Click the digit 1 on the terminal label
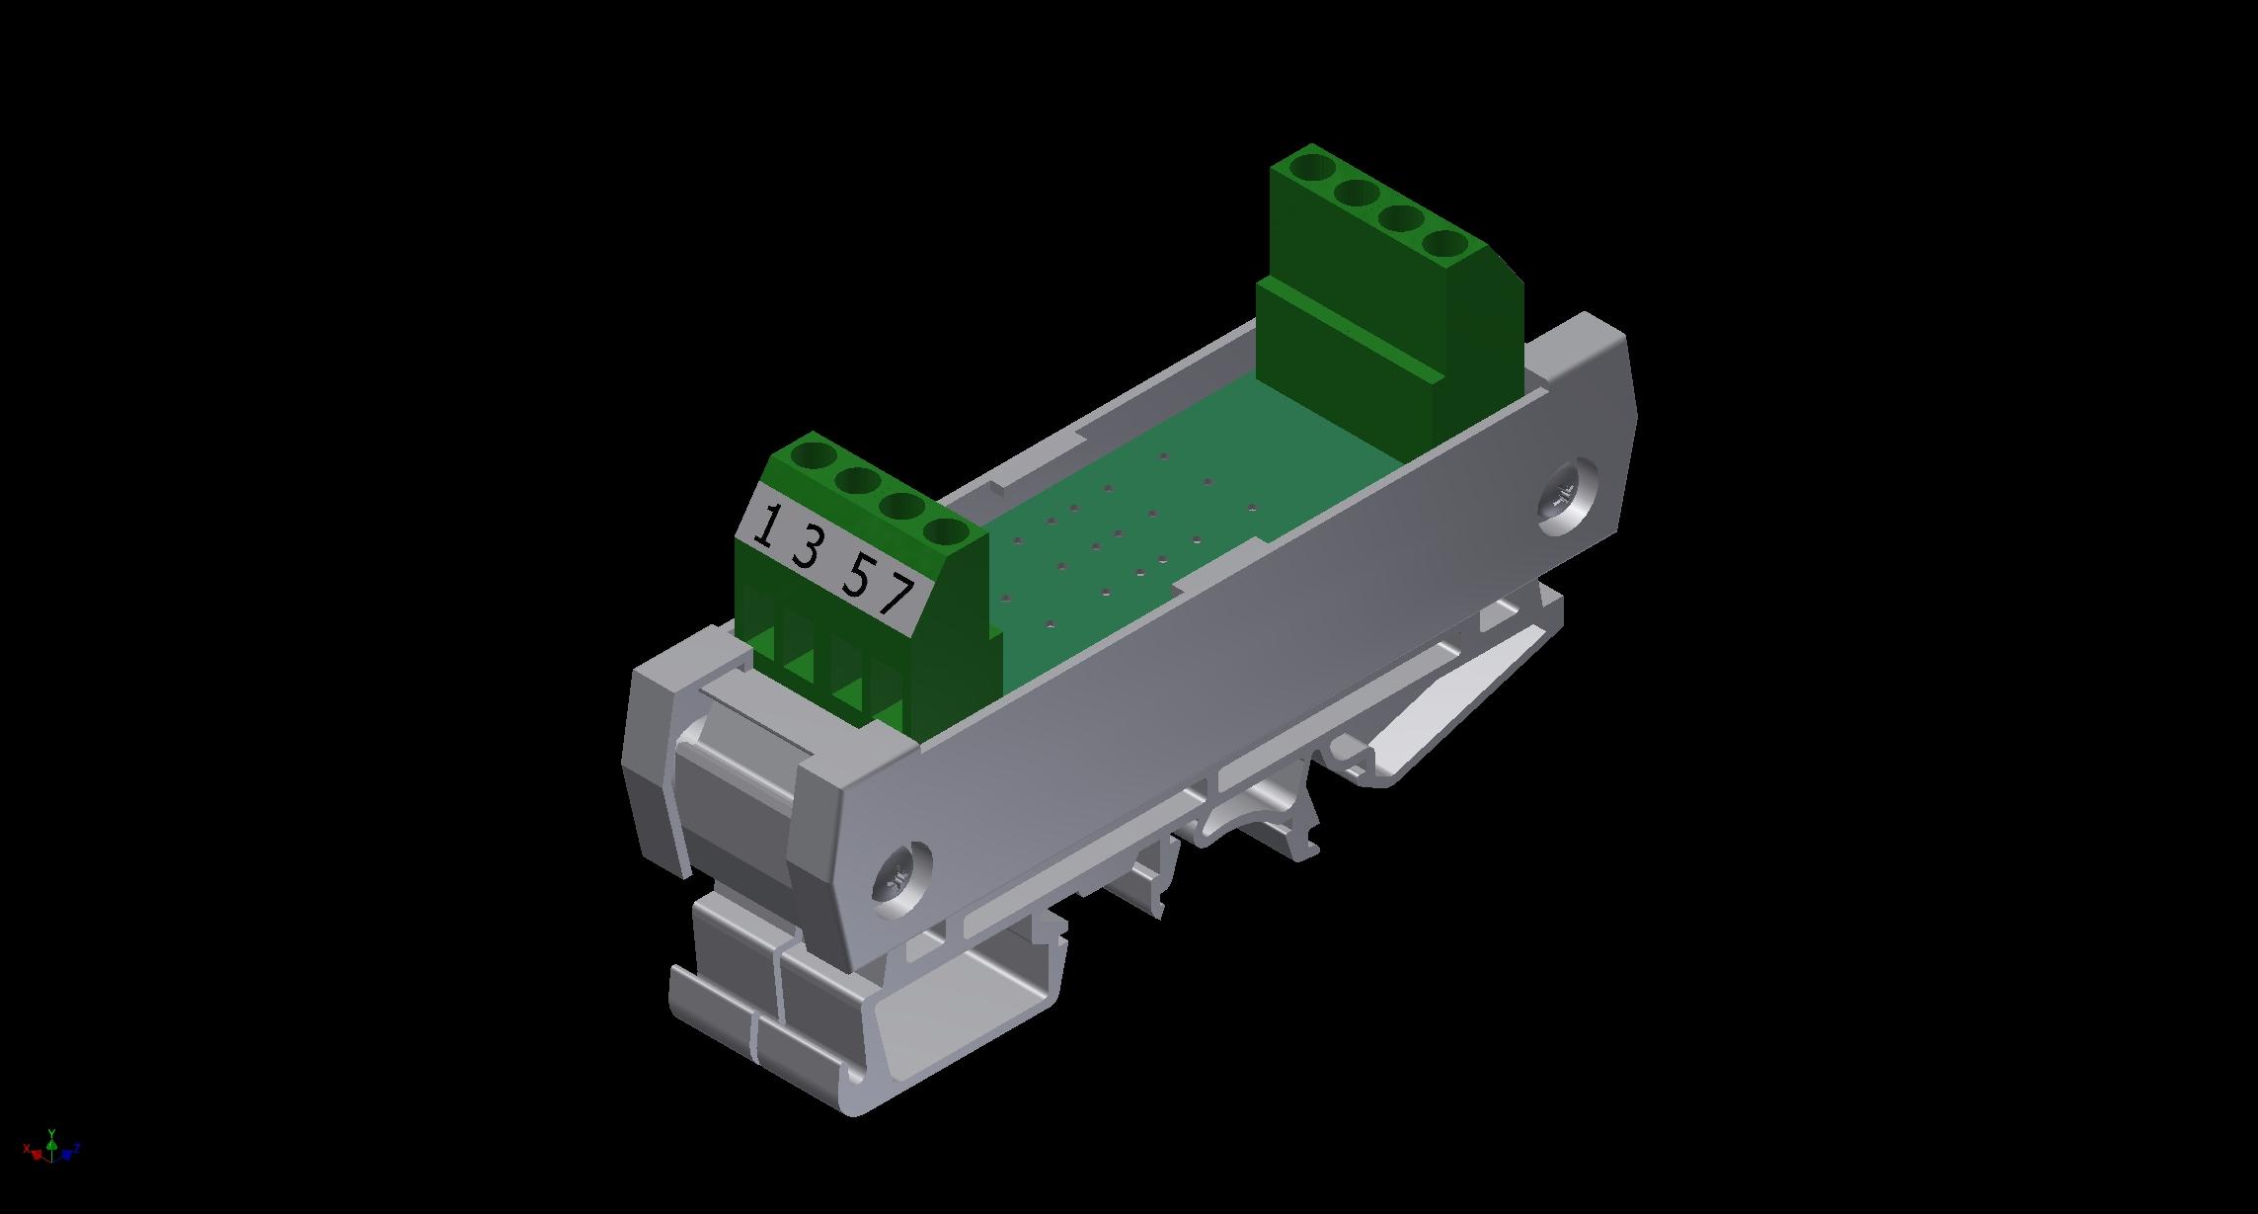click(x=764, y=526)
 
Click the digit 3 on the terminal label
click(x=807, y=548)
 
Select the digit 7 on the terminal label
click(x=897, y=596)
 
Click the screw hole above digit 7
click(x=946, y=534)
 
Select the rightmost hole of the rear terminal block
click(x=1446, y=245)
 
